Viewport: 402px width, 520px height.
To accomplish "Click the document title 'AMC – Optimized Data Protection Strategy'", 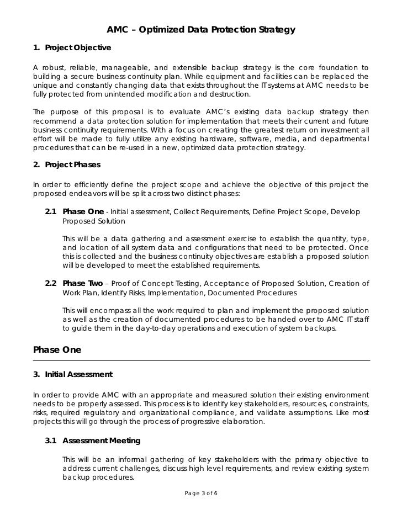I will pos(201,29).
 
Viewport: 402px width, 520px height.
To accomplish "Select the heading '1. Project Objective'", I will pos(72,48).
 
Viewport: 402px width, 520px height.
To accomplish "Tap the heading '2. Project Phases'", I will pos(67,165).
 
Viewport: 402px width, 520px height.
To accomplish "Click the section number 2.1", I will pos(51,212).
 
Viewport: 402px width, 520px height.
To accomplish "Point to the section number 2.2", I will pos(51,284).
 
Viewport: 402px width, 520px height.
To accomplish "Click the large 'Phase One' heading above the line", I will pos(57,349).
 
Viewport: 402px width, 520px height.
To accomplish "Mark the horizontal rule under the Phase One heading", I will pos(201,360).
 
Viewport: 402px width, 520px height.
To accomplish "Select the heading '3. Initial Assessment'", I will pos(73,375).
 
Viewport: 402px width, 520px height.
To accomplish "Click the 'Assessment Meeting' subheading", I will pos(102,441).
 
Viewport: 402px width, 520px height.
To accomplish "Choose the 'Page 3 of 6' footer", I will pos(201,492).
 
